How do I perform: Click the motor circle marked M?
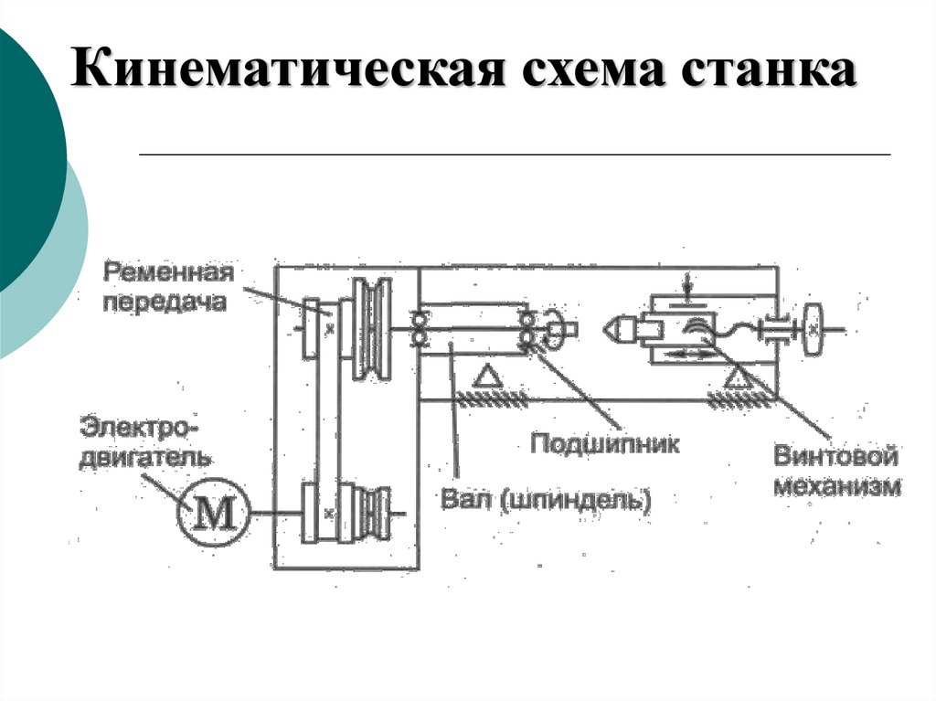click(216, 514)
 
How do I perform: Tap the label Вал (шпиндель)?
click(546, 500)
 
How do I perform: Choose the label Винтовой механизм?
click(837, 472)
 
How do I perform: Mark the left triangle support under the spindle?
click(488, 376)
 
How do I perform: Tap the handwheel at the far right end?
click(813, 328)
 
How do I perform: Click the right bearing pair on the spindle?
click(527, 329)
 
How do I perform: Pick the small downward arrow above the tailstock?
click(687, 280)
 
